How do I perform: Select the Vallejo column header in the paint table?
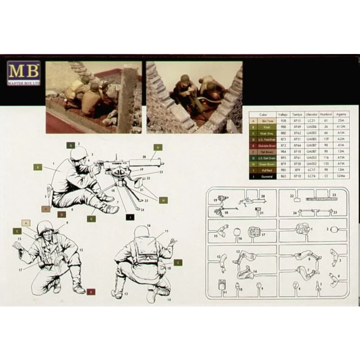click(283, 114)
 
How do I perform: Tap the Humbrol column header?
click(326, 114)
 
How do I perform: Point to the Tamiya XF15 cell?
click(297, 121)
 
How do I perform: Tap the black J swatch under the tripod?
click(130, 217)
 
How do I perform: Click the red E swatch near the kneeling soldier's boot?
click(91, 292)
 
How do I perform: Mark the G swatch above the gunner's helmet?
click(71, 145)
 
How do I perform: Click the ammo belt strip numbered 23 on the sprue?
click(319, 198)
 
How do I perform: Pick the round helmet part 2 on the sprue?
click(334, 229)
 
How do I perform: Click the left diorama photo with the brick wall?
click(94, 97)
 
